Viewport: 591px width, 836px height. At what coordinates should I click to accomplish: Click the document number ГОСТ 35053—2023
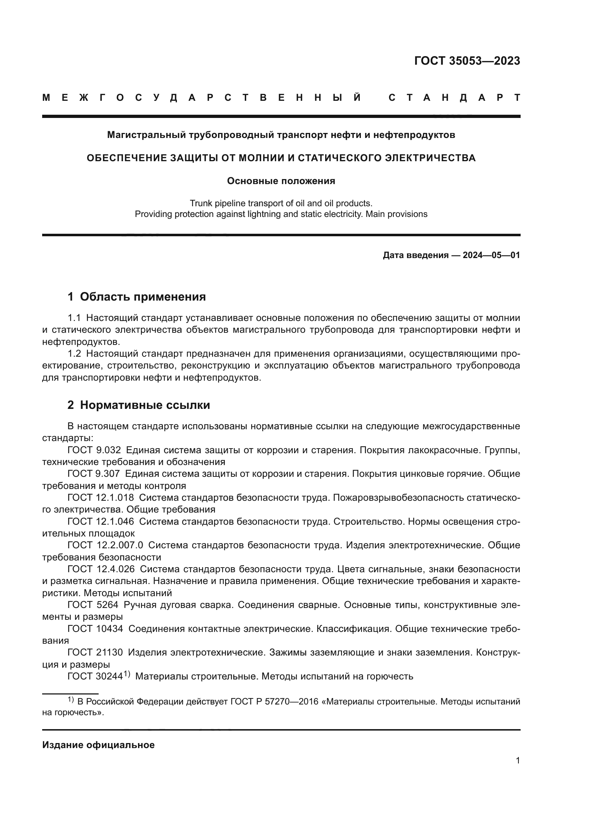[467, 61]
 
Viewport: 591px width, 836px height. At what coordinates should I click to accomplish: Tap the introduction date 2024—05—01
[491, 255]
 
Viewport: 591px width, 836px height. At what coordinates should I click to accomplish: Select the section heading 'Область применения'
[143, 297]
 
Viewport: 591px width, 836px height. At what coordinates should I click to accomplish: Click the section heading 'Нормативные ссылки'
[145, 405]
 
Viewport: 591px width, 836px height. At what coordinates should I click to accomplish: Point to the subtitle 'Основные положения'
[281, 181]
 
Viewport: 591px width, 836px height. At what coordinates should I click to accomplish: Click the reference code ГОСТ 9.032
[94, 450]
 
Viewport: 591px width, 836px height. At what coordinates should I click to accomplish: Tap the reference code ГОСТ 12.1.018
[100, 498]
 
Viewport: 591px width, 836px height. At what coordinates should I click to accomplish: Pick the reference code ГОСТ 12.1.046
[100, 521]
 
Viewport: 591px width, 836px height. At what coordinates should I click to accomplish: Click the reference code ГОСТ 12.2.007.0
[105, 545]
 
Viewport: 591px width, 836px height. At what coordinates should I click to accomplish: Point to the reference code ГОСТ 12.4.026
[101, 569]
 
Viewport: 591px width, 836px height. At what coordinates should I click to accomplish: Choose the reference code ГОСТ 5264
[93, 605]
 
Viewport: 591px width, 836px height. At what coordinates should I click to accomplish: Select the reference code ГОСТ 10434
[95, 628]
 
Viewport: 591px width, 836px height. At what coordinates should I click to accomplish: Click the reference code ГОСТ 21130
[95, 652]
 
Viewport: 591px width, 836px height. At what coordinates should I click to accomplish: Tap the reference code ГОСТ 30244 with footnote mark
[98, 676]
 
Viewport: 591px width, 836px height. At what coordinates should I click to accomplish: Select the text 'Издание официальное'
[98, 745]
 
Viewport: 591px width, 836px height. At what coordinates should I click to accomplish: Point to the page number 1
[518, 771]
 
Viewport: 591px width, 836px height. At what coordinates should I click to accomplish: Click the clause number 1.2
[74, 353]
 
